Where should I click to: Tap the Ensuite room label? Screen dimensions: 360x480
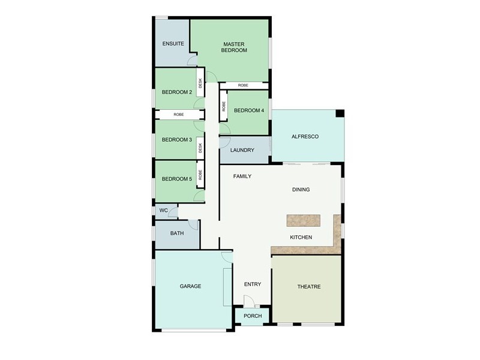pos(173,44)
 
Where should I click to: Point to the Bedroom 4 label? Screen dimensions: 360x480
pos(248,110)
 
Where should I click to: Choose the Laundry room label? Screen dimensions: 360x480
pos(242,151)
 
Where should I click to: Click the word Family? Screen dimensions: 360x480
pos(242,176)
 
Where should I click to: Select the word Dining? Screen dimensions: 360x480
pos(301,190)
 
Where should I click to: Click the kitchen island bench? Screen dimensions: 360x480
pos(304,220)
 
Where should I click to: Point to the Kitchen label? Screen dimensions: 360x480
pos(301,238)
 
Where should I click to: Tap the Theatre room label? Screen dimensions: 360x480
pos(309,287)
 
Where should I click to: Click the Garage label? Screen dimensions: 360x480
pos(190,286)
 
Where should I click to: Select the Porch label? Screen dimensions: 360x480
pos(253,316)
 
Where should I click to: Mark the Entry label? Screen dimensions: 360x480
pos(253,284)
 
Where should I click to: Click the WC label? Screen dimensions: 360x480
pos(163,211)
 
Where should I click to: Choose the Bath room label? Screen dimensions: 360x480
pos(176,233)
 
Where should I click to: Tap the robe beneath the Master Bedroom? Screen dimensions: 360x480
pos(243,86)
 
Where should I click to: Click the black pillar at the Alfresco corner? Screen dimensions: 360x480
pos(340,113)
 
